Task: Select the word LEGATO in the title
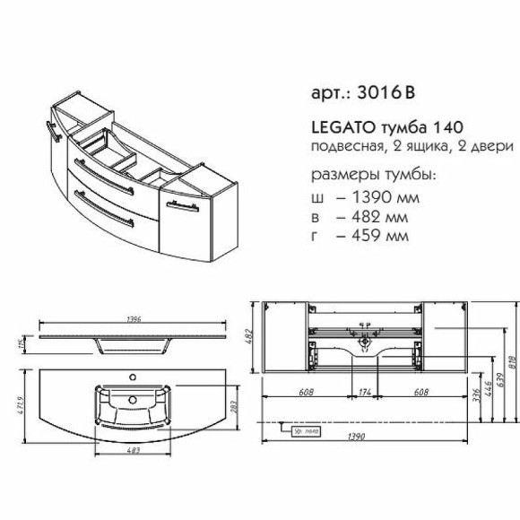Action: [x=332, y=130]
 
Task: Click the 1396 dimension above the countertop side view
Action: [x=134, y=321]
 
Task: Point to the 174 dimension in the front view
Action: [x=366, y=392]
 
